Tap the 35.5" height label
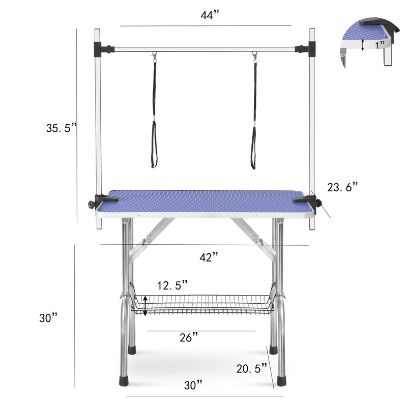pos(61,129)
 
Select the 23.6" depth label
pos(343,188)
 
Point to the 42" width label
pos(209,257)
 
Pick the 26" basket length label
pos(188,337)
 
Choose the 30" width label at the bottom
pos(193,385)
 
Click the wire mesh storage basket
pos(203,304)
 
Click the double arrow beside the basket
pos(146,306)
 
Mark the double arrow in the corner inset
pos(362,45)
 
